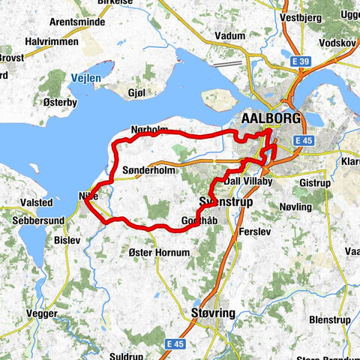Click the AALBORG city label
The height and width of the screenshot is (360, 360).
click(271, 119)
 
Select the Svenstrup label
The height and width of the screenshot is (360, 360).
click(227, 202)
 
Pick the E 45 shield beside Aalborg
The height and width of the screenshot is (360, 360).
click(303, 140)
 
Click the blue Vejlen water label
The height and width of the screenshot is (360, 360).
click(87, 76)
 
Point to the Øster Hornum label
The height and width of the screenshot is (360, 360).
click(159, 253)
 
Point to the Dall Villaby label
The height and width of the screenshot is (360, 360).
click(248, 181)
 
